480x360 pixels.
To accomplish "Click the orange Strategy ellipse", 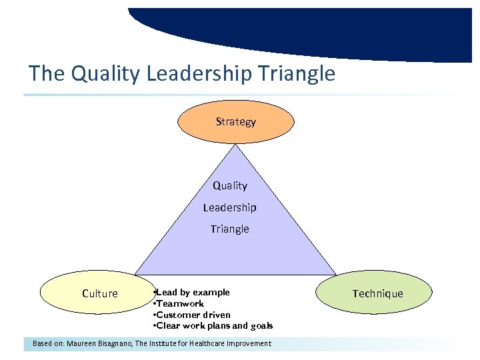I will click(x=235, y=121).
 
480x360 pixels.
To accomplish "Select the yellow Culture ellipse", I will click(x=99, y=293).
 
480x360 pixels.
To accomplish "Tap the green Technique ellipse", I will click(x=377, y=293).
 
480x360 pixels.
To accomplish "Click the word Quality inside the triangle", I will click(x=230, y=186).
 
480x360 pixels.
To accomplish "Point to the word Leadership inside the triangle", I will click(x=230, y=207).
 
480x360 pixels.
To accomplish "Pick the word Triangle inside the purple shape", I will click(x=230, y=229).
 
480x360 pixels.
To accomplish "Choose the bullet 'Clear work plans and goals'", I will click(x=213, y=326).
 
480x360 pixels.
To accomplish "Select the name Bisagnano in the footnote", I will click(x=114, y=343).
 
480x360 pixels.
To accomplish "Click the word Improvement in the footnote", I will click(x=251, y=343).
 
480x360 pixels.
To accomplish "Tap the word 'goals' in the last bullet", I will click(x=261, y=326).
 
